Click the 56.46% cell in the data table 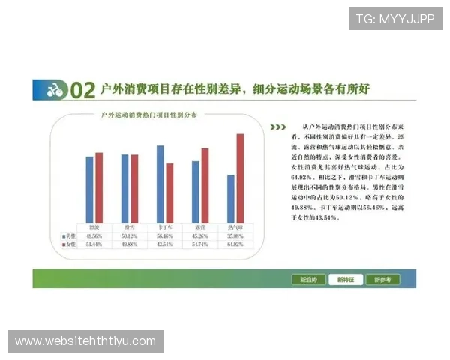pyautogui.click(x=165, y=235)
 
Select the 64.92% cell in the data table pyautogui.click(x=235, y=244)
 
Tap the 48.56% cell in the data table pyautogui.click(x=94, y=235)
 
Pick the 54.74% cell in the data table pyautogui.click(x=200, y=244)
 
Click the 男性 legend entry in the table pyautogui.click(x=69, y=235)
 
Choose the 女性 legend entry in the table pyautogui.click(x=69, y=244)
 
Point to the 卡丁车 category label pyautogui.click(x=165, y=226)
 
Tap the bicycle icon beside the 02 pyautogui.click(x=53, y=91)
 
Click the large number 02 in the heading pyautogui.click(x=82, y=91)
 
